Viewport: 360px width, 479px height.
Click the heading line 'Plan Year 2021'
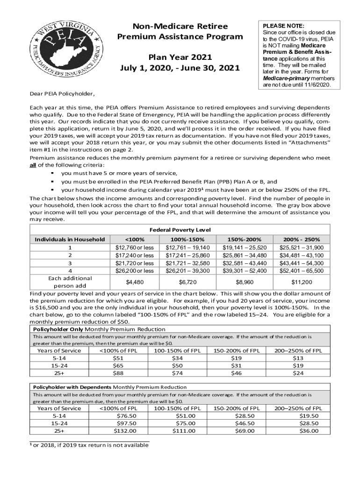coord(180,57)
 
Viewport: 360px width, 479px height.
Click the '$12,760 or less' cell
coord(134,247)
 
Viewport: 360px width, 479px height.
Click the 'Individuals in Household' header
coord(70,239)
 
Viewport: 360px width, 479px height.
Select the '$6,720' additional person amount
coord(188,282)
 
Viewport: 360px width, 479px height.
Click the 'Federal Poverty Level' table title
coord(180,230)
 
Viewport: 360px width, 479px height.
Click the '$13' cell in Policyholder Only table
coord(298,358)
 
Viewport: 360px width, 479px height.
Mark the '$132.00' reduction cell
coord(125,431)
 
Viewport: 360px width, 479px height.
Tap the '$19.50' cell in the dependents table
coord(309,416)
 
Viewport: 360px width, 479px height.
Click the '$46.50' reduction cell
coord(245,423)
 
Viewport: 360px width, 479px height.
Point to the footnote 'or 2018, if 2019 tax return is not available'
coord(91,445)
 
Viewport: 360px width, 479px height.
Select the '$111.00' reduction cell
coord(184,431)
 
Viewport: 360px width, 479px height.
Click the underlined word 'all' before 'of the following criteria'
coord(33,165)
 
